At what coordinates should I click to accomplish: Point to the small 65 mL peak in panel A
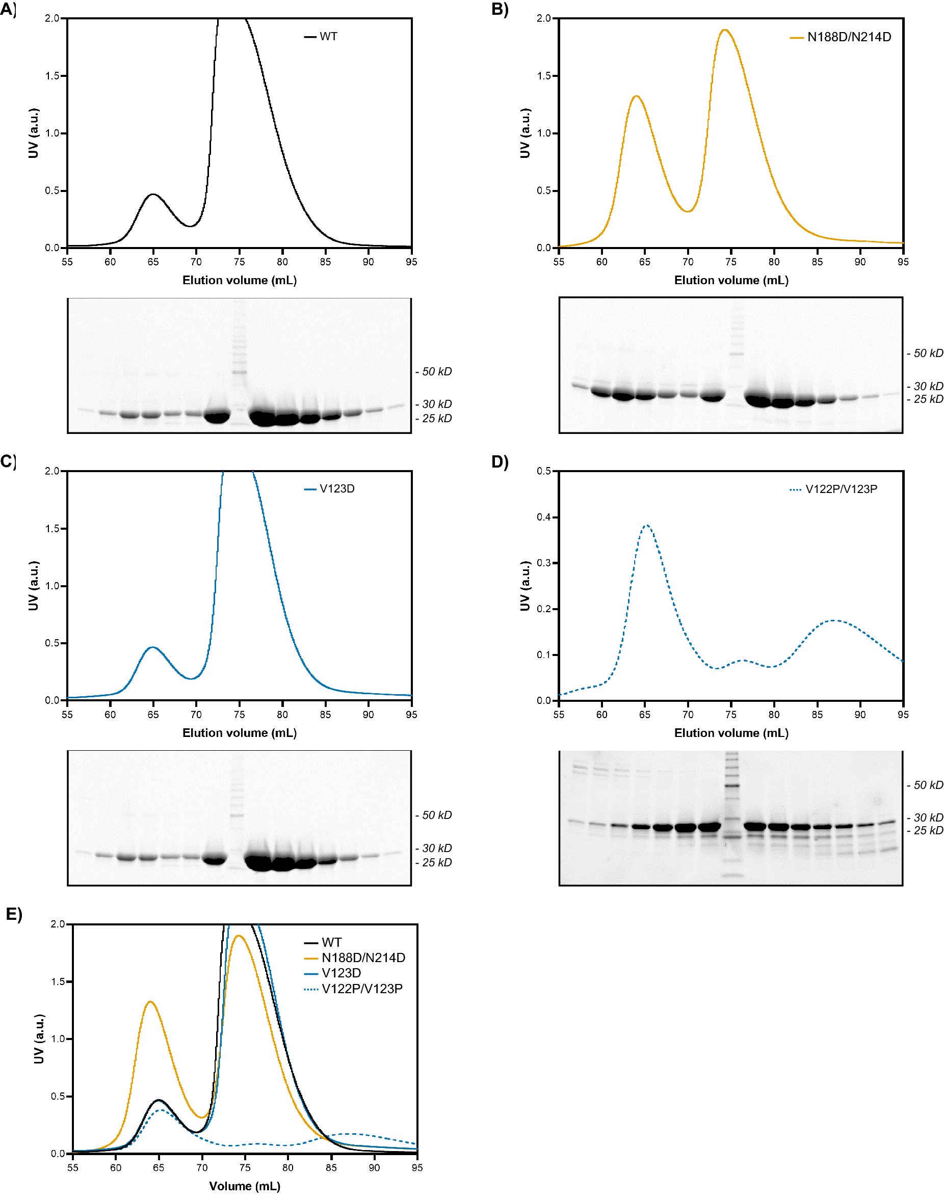[x=153, y=195]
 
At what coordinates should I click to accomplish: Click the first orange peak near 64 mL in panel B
[x=637, y=97]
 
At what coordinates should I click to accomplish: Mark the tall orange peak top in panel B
[x=725, y=31]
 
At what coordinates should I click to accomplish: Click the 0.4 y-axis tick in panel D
[x=544, y=517]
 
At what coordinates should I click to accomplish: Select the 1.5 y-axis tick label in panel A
[x=53, y=76]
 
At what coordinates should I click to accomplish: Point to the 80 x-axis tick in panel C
[x=282, y=715]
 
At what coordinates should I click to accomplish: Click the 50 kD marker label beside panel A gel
[x=437, y=372]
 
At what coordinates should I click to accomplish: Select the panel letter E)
[x=14, y=914]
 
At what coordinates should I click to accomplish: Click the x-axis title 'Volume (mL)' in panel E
[x=245, y=1186]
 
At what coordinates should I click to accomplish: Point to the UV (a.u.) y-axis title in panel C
[x=33, y=586]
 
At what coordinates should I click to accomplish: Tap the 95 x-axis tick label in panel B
[x=903, y=262]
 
